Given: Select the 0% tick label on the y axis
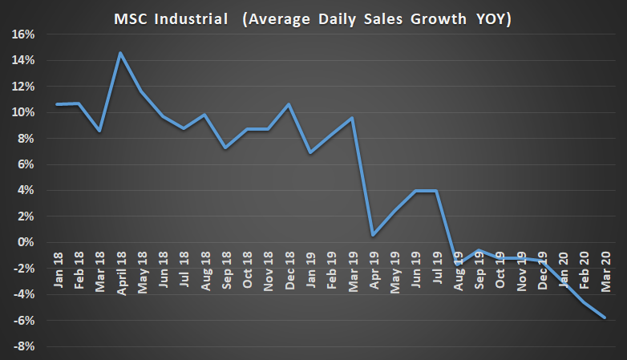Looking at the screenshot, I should (x=27, y=242).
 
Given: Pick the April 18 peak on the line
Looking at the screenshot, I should (x=119, y=54).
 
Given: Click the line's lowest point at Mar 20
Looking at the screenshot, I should (x=604, y=318).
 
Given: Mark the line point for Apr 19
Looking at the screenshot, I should (x=373, y=235).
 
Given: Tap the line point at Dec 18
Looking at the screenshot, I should (x=289, y=104).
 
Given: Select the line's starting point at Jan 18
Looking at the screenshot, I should (x=57, y=104).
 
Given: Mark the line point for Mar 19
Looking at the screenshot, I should (x=351, y=118).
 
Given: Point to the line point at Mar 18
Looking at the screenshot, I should (x=99, y=130).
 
